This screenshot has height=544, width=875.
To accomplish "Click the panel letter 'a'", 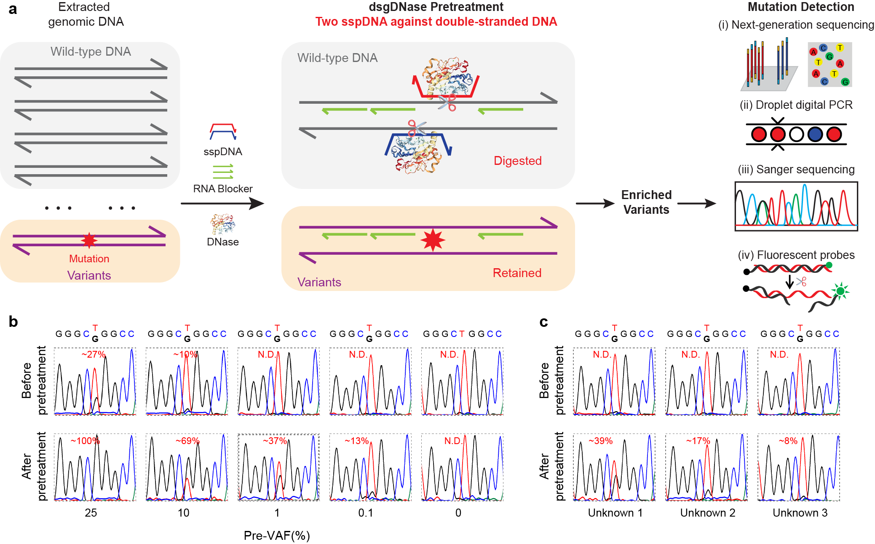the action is [13, 9].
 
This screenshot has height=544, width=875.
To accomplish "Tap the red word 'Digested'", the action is [517, 161].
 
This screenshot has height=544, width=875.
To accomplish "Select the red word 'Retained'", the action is [517, 273].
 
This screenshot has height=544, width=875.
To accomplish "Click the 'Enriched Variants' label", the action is [646, 202].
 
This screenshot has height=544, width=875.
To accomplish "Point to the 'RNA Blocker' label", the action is [223, 189].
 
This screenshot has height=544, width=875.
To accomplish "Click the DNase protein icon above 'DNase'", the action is [222, 224].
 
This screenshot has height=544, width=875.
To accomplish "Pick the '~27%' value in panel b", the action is [93, 354].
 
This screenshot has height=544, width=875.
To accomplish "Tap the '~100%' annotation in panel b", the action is [85, 441].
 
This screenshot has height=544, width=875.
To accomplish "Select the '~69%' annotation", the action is [187, 441].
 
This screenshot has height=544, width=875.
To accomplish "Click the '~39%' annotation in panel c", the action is [600, 441].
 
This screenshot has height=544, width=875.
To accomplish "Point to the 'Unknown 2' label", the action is [708, 513].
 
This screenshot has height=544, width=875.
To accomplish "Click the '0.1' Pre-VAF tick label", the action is [366, 513].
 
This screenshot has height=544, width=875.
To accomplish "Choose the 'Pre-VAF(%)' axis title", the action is [277, 536].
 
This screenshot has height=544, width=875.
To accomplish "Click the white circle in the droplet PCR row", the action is [796, 135].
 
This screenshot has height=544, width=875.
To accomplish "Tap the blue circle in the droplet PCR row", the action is [815, 135].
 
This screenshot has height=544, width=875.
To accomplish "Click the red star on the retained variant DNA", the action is [433, 240].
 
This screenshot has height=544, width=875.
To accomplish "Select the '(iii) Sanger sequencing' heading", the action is [796, 170].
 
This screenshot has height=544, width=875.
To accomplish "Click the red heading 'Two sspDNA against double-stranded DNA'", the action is [436, 22].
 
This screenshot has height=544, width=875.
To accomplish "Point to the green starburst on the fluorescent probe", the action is [840, 291].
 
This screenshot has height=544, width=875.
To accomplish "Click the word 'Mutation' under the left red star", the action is [89, 259].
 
